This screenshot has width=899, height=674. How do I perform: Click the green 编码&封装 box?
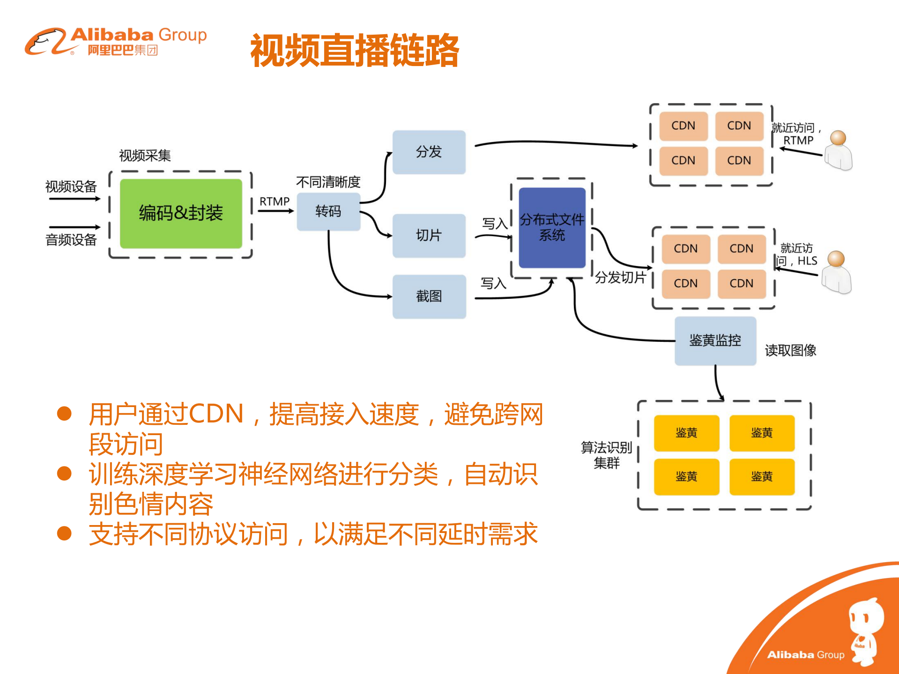coord(181,213)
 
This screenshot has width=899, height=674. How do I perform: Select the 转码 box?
coord(328,211)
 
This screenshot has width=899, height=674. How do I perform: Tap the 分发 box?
coord(429,152)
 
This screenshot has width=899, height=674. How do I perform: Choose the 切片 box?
coord(429,235)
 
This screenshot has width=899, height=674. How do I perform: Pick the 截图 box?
coord(429,296)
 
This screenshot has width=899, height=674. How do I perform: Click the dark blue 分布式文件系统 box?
coord(552,228)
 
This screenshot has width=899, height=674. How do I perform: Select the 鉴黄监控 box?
coord(715,341)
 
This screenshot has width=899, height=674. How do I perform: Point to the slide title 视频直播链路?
coord(355,50)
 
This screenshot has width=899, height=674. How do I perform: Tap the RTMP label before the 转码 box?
coord(275,201)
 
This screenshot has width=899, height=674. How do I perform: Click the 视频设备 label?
coord(71,186)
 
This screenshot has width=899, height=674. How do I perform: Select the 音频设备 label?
coord(71,240)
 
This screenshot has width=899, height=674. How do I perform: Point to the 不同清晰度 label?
coord(328,182)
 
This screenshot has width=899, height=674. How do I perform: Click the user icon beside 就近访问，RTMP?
coord(838,150)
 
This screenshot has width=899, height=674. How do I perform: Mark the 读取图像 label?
coord(790,350)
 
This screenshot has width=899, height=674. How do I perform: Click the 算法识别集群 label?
coord(606,455)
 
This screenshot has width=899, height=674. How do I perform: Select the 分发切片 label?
coord(620,277)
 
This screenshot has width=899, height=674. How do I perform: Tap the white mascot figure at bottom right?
coord(865,630)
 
